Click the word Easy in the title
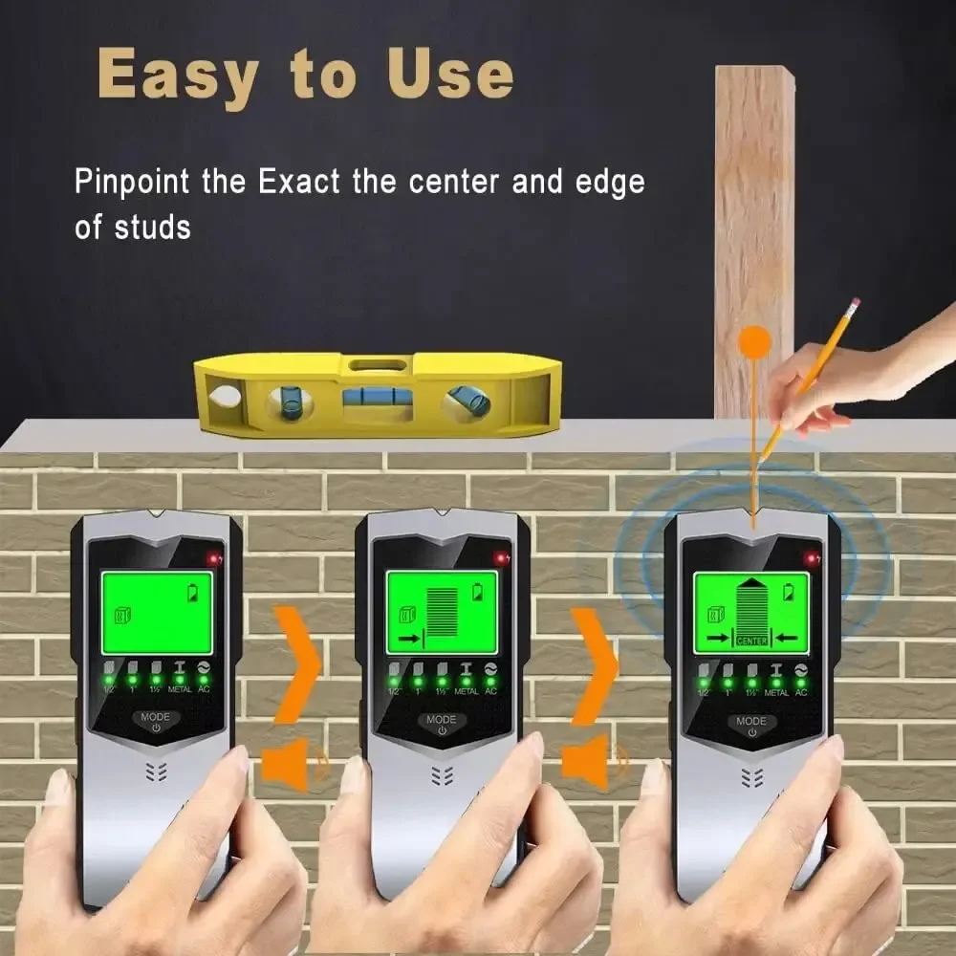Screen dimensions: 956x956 [177, 75]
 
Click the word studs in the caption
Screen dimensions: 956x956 [153, 228]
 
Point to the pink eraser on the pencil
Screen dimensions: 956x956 [854, 304]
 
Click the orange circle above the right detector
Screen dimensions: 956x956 [755, 343]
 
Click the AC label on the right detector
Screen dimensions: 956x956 [801, 691]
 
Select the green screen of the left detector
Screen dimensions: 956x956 [157, 608]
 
